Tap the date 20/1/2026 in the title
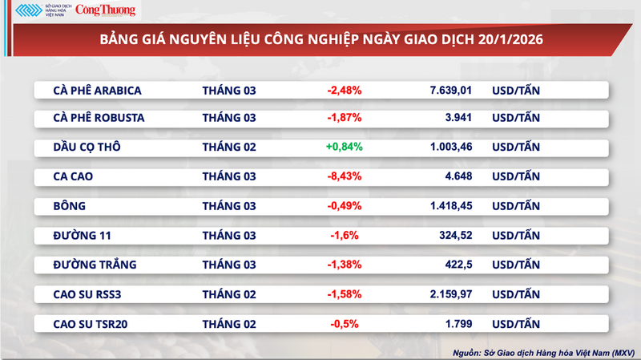pos(502,39)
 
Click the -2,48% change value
pos(345,91)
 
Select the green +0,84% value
pos(344,147)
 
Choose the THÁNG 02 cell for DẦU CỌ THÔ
pos(229,147)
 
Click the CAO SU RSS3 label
pos(87,293)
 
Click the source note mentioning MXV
pos(543,351)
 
